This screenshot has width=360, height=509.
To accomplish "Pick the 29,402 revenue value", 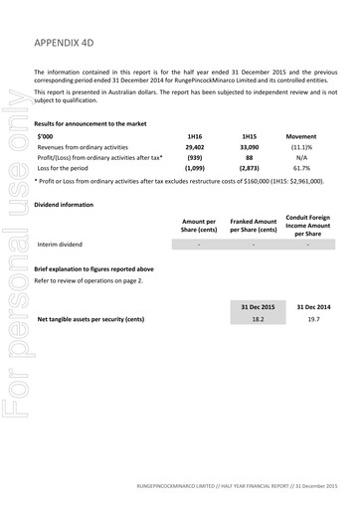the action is coord(195,145).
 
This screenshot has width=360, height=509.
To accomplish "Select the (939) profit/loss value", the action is coord(195,157).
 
